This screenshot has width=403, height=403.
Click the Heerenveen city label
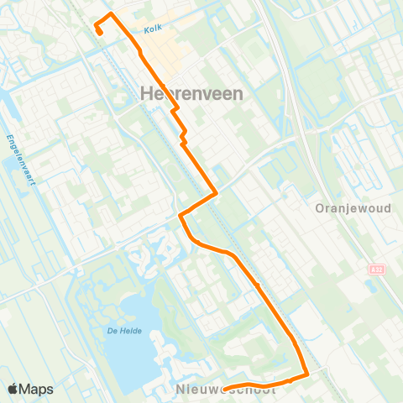[x=193, y=94]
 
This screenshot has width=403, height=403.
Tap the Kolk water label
[x=152, y=29]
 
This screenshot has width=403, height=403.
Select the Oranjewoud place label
[x=353, y=208]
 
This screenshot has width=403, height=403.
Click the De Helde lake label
[x=123, y=331]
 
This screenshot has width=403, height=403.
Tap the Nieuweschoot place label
[x=227, y=390]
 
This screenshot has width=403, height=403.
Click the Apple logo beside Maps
[x=14, y=389]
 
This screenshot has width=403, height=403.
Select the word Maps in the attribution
[x=37, y=389]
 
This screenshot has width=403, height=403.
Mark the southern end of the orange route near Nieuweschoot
[x=202, y=387]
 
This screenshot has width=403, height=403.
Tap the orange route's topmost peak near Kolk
[x=110, y=14]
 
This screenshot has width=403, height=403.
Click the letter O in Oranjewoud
[x=320, y=208]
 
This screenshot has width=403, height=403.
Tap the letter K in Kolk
[x=146, y=29]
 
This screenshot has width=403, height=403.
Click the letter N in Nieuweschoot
[x=182, y=390]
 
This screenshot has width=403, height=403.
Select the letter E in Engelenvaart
[x=8, y=137]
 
